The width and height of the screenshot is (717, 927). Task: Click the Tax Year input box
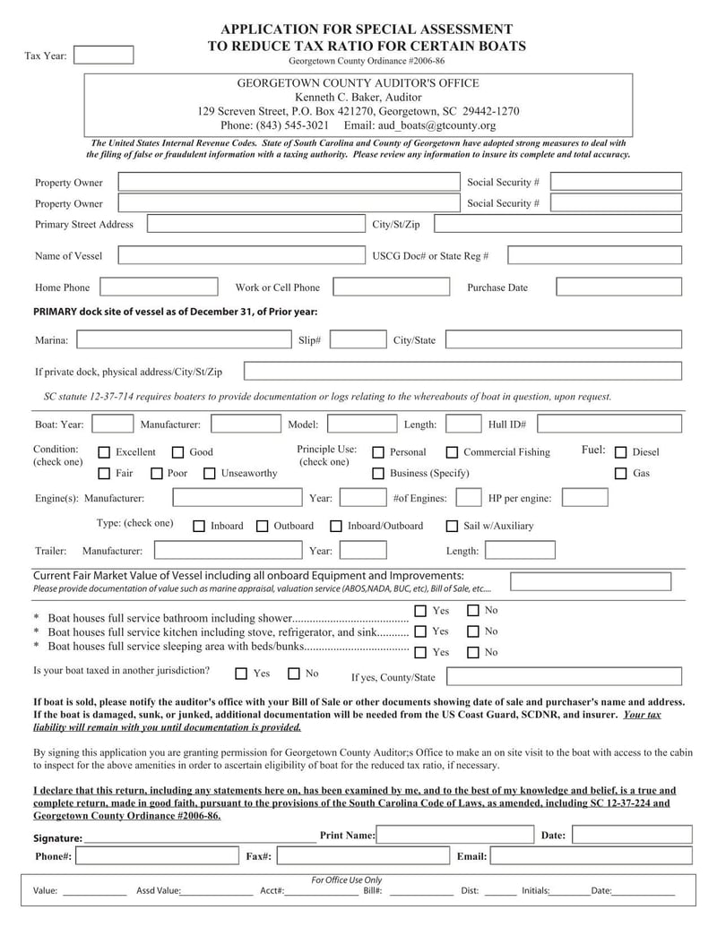coord(103,56)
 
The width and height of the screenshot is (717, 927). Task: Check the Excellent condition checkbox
coord(104,452)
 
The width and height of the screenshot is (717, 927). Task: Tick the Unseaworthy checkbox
coord(210,473)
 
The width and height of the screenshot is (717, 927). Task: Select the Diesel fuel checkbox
coord(620,452)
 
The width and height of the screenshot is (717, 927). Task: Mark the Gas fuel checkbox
coord(620,473)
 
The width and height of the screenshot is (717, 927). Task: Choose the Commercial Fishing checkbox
coord(452,452)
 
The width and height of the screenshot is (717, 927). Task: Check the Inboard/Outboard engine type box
coord(336,526)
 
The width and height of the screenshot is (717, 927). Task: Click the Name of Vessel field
coord(237,255)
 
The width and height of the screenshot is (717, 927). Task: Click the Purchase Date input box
coord(618,287)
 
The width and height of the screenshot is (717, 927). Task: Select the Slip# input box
coord(358,339)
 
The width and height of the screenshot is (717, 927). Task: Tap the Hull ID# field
coord(609,424)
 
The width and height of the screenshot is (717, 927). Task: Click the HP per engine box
coord(584,497)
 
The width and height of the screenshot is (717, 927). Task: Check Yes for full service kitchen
coord(420,631)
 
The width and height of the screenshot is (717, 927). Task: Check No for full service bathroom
coord(473,611)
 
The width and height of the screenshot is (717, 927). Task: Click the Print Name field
coord(454,835)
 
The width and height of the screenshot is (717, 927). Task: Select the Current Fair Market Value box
coord(590,582)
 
